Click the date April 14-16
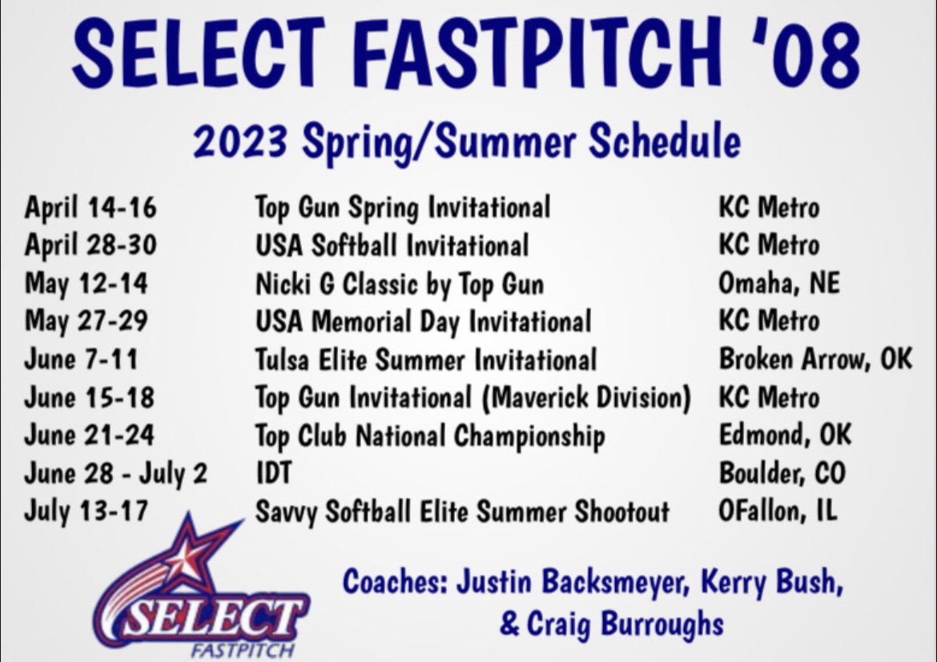[x=90, y=207]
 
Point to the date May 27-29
[x=86, y=321]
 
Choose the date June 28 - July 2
[x=115, y=473]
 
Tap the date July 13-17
[x=86, y=511]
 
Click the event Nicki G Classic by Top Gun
[x=399, y=283]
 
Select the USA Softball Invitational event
[x=391, y=245]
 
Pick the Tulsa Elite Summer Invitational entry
[x=425, y=359]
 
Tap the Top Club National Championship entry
[x=429, y=435]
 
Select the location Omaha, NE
[x=779, y=283]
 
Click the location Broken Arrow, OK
[x=814, y=359]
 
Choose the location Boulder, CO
[x=782, y=473]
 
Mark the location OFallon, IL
[x=778, y=511]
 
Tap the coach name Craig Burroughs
[x=625, y=624]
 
